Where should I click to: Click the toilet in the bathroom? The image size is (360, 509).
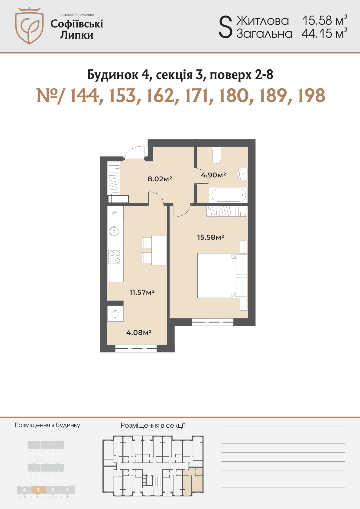(216, 155)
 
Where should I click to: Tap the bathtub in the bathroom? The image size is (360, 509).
(229, 195)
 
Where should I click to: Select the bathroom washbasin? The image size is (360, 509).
(242, 174)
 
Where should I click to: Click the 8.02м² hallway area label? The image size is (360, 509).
(160, 179)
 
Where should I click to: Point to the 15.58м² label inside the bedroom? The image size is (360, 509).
(211, 237)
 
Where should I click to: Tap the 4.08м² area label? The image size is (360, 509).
(139, 332)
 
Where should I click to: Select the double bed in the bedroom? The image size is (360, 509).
(222, 276)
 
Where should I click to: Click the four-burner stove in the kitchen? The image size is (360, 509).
(115, 257)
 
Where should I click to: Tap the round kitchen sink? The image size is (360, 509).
(114, 232)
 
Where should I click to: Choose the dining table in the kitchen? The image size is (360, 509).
(159, 250)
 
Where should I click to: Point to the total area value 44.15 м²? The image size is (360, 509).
(324, 34)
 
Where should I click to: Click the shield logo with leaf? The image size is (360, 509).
(29, 26)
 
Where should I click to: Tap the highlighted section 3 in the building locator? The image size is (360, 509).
(38, 490)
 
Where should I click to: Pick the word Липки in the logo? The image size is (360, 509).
(76, 35)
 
